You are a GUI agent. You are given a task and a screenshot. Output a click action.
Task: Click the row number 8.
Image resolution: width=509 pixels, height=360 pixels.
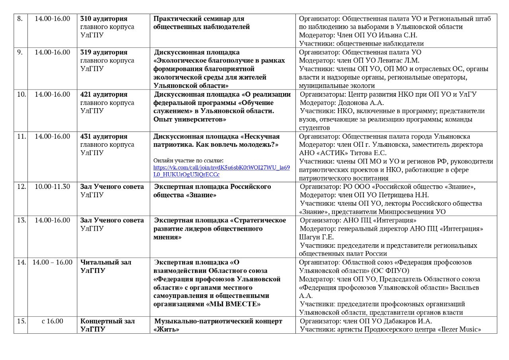20,19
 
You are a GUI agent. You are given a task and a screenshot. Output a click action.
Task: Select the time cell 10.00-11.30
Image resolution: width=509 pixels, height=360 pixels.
52,187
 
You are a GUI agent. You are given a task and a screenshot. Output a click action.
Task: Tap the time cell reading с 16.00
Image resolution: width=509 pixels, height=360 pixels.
52,321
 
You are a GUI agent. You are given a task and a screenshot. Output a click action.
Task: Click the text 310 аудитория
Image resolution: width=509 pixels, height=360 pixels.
104,19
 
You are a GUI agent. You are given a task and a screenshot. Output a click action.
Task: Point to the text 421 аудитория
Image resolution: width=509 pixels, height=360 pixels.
104,94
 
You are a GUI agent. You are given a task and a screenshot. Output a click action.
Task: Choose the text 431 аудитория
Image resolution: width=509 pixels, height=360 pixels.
104,136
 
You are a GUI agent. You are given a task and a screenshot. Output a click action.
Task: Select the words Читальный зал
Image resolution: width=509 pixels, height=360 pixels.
106,262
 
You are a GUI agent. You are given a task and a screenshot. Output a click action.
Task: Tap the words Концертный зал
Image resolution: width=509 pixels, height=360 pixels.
107,321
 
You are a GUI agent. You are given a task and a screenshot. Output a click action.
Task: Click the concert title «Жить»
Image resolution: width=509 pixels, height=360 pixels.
164,329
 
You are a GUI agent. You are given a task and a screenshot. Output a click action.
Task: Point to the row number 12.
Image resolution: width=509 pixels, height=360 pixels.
21,187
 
